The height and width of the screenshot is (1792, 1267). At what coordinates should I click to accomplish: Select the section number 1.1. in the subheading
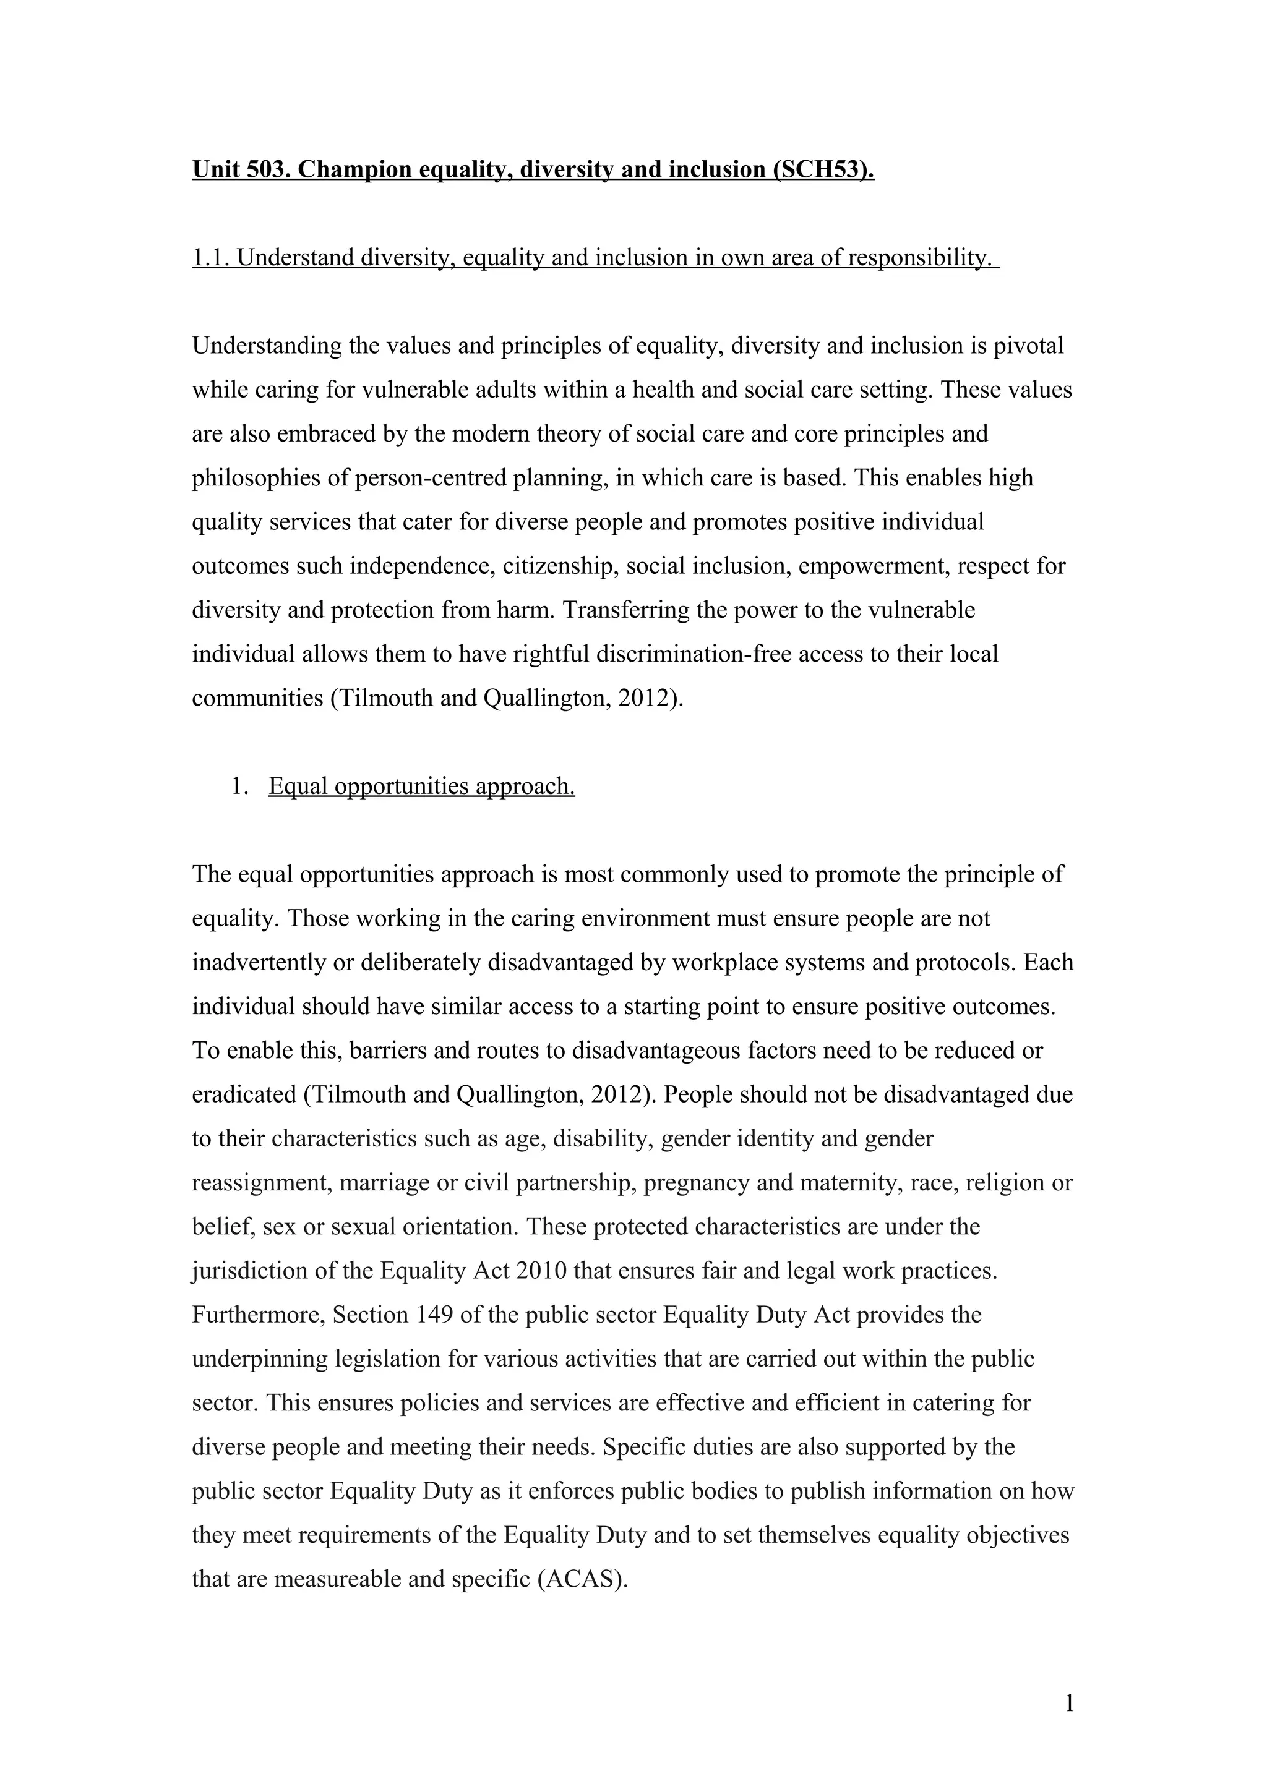211,258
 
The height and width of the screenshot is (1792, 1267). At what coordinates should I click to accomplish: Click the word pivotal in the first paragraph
1028,346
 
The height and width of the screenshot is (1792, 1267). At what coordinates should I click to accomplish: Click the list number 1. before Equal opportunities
239,786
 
